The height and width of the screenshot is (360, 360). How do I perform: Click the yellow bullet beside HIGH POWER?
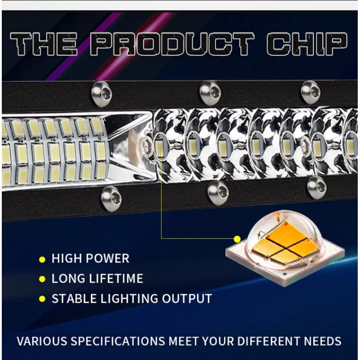42,260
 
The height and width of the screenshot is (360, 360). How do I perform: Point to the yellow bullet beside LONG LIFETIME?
42,279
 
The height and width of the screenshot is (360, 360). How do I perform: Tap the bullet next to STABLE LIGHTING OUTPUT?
42,299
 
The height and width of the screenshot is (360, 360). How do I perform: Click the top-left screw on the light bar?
101,93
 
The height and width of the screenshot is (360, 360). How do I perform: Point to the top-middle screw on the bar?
209,91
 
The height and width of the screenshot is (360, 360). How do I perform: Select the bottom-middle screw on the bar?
218,192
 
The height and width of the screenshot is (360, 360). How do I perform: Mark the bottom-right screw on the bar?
317,187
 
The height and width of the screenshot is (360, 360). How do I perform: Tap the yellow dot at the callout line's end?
237,238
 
